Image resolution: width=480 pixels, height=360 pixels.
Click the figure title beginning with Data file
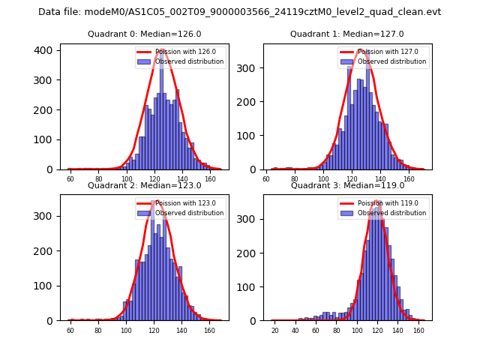(240, 12)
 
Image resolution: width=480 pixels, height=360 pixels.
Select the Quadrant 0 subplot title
(144, 34)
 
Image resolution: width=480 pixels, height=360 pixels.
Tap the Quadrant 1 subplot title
(347, 34)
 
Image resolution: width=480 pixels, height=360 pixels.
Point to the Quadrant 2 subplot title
(144, 185)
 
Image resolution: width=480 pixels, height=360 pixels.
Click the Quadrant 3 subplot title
(347, 185)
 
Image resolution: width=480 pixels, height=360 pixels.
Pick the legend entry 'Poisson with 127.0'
(388, 52)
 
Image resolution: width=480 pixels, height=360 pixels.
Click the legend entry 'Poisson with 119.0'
(388, 203)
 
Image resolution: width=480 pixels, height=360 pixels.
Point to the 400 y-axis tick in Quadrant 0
(46, 50)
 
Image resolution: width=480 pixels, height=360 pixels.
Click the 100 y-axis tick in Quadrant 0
(46, 139)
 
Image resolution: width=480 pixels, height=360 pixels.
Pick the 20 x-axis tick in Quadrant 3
(275, 330)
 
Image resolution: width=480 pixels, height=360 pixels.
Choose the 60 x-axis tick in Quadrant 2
(70, 330)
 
